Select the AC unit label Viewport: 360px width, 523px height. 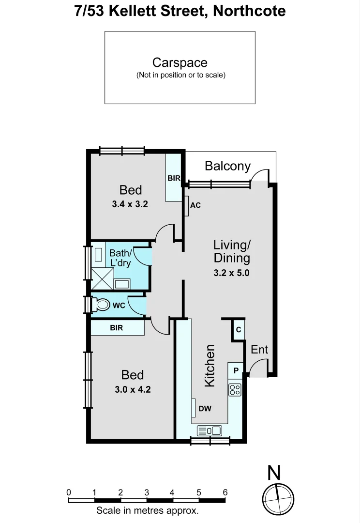click(x=195, y=205)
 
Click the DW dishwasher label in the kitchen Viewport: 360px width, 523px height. click(x=205, y=409)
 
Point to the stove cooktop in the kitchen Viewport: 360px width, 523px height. click(x=235, y=389)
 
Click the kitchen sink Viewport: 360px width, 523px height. click(x=209, y=430)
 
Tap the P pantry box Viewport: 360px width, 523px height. click(x=236, y=370)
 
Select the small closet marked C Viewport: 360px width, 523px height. click(x=238, y=330)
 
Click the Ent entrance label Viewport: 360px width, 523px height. click(x=259, y=350)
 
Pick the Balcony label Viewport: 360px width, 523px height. click(x=227, y=166)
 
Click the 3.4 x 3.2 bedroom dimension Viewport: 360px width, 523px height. click(x=130, y=204)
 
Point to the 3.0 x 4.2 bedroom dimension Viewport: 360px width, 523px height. click(x=133, y=389)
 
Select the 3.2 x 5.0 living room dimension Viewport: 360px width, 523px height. click(x=231, y=273)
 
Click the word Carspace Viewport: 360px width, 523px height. click(x=180, y=62)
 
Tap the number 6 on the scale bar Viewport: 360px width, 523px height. click(x=225, y=492)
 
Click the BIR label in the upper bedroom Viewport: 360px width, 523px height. click(x=174, y=179)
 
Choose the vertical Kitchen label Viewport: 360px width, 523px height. click(x=210, y=366)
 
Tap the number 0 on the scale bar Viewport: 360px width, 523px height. click(x=69, y=492)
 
